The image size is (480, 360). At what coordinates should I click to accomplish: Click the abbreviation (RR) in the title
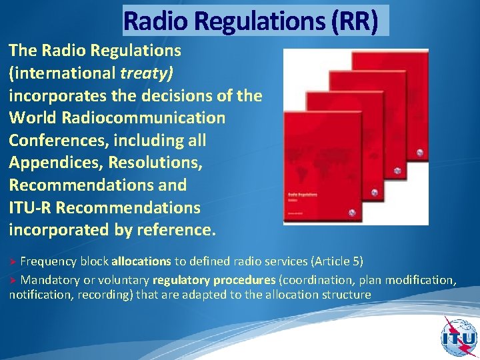click(354, 21)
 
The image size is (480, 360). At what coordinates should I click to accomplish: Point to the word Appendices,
click(53, 163)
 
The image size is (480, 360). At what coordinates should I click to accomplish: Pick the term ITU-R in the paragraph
click(30, 208)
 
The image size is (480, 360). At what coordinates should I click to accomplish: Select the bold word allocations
click(141, 259)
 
